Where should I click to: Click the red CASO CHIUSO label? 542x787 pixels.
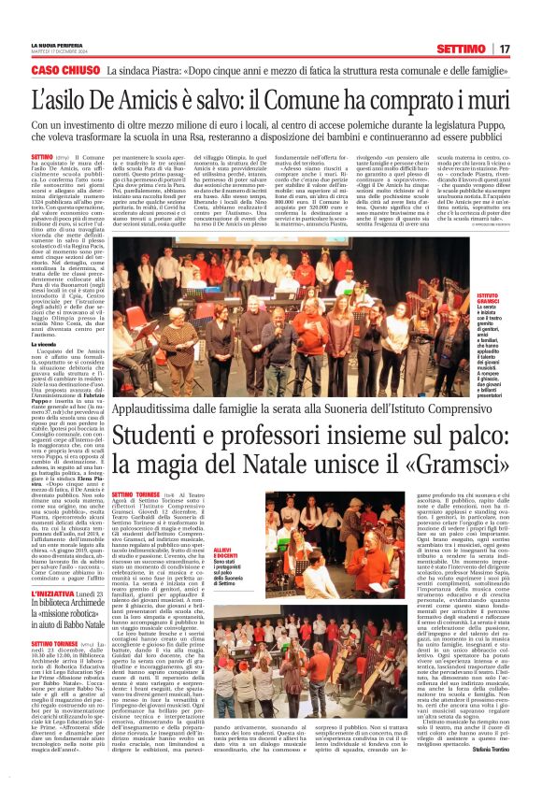click(x=65, y=70)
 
